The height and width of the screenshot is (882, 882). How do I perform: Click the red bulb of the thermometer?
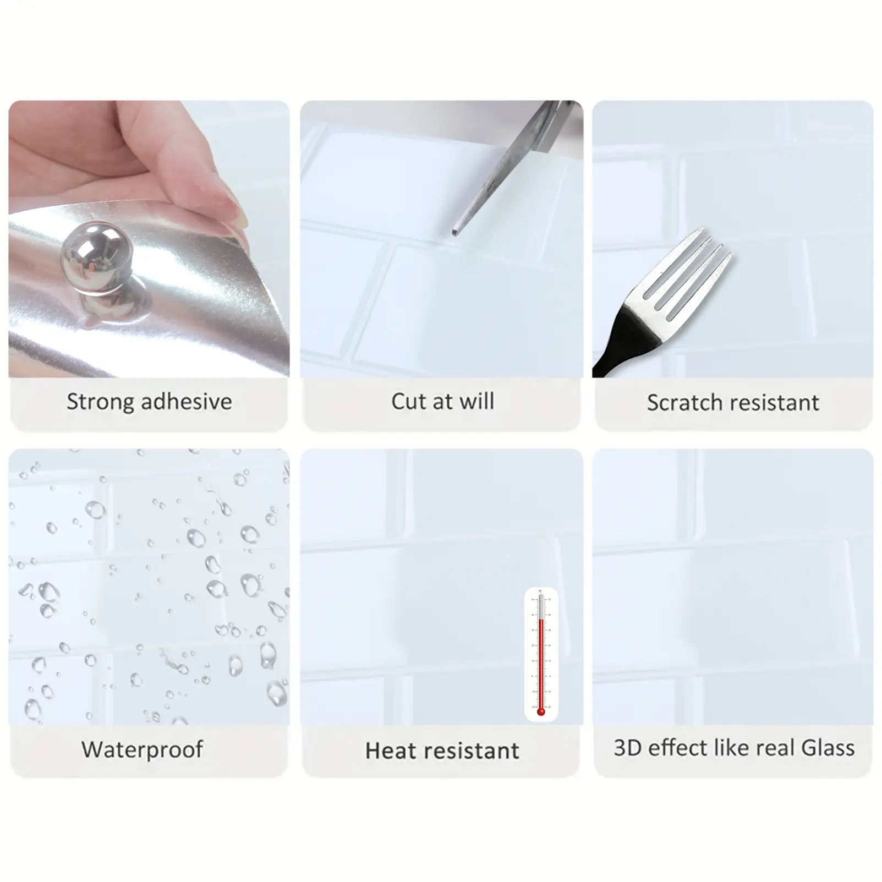coord(541,711)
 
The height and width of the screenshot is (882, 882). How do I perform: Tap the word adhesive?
coord(187,402)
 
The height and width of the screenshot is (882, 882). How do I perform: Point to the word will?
coord(477,401)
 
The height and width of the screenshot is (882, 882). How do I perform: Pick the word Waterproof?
coord(143,750)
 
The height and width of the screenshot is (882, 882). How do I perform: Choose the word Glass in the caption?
coord(828,748)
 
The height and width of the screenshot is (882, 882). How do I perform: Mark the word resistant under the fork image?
coord(772,403)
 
